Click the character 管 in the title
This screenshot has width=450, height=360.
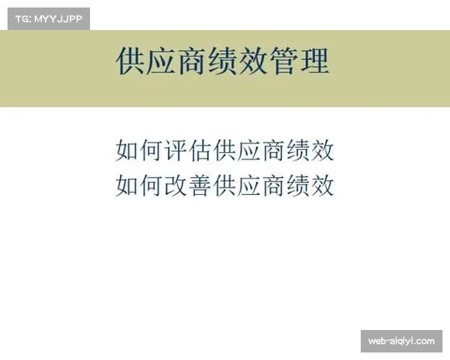pos(284,61)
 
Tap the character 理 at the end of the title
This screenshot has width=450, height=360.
pos(315,61)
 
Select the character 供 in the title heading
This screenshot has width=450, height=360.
pos(131,61)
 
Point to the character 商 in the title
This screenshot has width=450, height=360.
pos(193,61)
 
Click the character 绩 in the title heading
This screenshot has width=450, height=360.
pos(223,61)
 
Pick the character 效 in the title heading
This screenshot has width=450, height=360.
pos(254,61)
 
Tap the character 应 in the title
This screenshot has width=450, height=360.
pos(162,61)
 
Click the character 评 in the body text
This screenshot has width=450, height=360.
pos(175,151)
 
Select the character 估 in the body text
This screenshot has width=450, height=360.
pos(200,151)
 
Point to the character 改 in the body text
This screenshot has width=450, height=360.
pos(175,184)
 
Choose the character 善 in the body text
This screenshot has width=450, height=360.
pos(200,184)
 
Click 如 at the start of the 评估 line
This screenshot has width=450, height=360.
pos(127,151)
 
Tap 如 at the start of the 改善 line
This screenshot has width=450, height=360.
pos(127,184)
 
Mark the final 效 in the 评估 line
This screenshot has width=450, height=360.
pos(322,151)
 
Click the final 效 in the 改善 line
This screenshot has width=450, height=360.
pos(322,184)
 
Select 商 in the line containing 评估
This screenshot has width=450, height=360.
pos(274,151)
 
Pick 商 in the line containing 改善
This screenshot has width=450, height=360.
pos(274,184)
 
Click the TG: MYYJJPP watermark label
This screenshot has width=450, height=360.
pos(48,18)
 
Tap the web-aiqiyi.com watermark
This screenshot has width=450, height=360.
pos(401,341)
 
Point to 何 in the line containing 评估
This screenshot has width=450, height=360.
pos(151,151)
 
